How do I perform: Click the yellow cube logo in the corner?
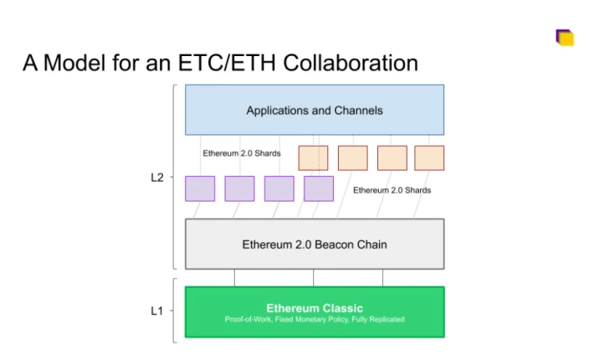click(565, 38)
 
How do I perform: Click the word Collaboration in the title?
click(351, 63)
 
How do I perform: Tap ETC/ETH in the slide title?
click(227, 63)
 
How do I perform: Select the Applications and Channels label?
click(315, 111)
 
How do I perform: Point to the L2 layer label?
click(157, 177)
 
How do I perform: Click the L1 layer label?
click(156, 311)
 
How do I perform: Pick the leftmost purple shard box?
click(200, 188)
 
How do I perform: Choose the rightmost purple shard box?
click(319, 188)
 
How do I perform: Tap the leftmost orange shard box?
click(313, 158)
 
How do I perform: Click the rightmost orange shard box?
click(429, 158)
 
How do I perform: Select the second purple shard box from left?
click(239, 188)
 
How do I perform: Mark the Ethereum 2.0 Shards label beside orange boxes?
click(242, 153)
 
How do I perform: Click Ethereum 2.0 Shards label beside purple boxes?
click(392, 190)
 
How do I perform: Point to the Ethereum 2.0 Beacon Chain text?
click(315, 244)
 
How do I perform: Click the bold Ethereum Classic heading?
click(315, 308)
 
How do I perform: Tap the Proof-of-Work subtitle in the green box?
click(315, 319)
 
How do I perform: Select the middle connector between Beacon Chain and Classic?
click(313, 278)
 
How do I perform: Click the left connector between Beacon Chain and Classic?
click(234, 278)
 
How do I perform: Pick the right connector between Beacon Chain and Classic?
click(382, 278)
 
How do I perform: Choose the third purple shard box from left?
click(279, 188)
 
